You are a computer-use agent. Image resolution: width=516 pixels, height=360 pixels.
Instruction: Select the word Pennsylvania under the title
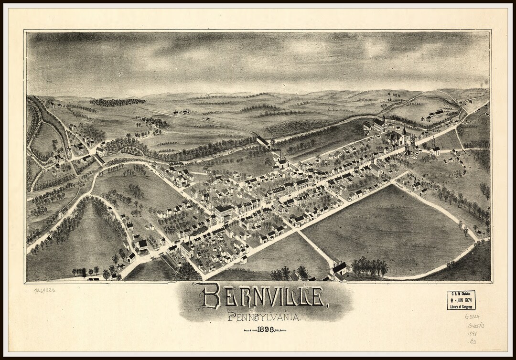click(x=264, y=316)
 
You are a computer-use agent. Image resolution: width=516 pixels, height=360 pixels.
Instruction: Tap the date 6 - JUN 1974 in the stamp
click(x=461, y=300)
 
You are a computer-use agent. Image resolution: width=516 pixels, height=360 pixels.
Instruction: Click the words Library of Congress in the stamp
click(x=461, y=307)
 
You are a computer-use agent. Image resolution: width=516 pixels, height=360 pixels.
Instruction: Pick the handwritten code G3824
click(x=473, y=316)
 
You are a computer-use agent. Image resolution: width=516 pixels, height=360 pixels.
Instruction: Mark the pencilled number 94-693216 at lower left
click(x=44, y=290)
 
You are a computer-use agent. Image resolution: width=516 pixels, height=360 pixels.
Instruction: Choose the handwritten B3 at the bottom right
click(x=473, y=342)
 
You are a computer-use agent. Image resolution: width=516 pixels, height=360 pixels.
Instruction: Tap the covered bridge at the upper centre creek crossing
click(x=262, y=141)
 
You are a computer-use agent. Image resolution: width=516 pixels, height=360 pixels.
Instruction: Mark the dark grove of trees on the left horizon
click(x=117, y=102)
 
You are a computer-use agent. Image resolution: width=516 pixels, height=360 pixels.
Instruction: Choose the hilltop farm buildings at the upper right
click(x=436, y=114)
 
